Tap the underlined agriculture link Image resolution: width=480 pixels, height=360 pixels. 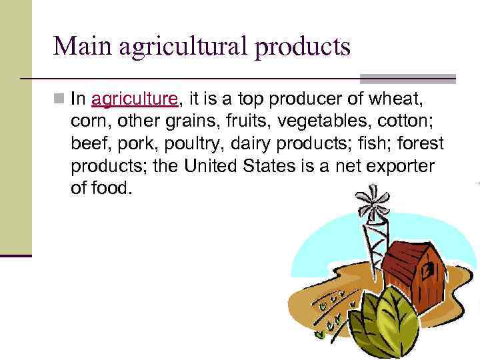(135, 100)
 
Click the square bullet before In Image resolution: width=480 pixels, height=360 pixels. (61, 100)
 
